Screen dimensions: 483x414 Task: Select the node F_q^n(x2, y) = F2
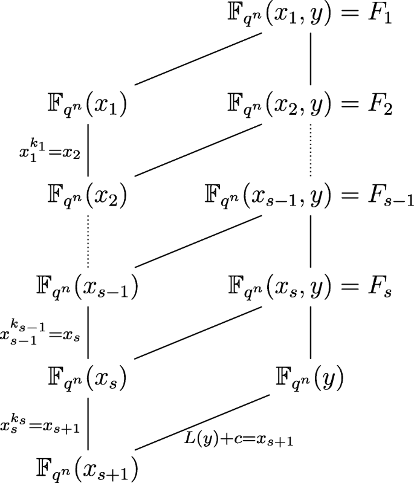pyautogui.click(x=309, y=106)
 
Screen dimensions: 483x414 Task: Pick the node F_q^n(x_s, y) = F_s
pyautogui.click(x=309, y=288)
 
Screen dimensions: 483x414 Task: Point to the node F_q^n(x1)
pyautogui.click(x=88, y=106)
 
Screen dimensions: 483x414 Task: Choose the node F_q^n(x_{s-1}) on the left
pyautogui.click(x=88, y=288)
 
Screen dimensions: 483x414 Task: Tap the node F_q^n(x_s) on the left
pyautogui.click(x=88, y=378)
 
